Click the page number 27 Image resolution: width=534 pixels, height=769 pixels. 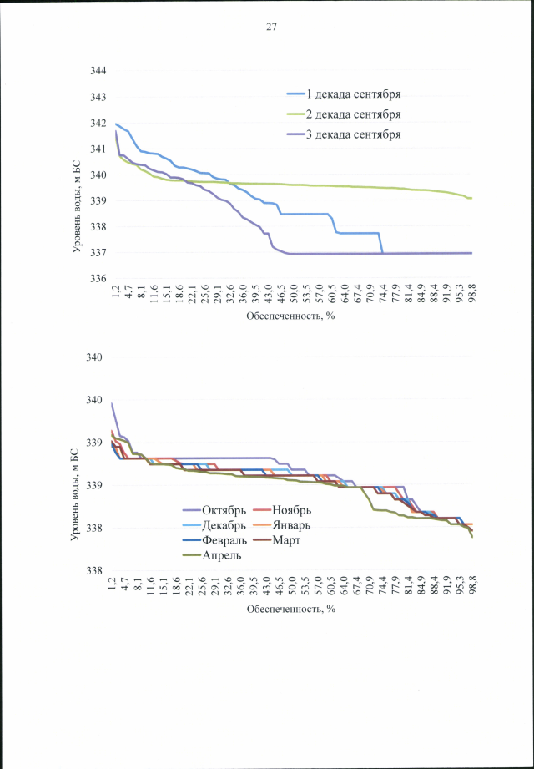point(271,27)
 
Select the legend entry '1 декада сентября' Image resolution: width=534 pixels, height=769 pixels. point(360,94)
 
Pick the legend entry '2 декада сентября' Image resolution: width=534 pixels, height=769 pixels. point(360,114)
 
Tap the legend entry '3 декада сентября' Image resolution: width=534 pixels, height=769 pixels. point(360,134)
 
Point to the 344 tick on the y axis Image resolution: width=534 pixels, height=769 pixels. point(98,72)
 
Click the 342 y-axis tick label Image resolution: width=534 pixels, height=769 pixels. point(98,124)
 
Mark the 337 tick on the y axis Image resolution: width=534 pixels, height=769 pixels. point(98,252)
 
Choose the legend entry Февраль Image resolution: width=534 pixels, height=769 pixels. point(224,539)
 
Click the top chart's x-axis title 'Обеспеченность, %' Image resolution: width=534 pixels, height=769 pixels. point(290,317)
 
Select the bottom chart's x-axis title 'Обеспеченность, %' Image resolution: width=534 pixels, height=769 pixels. point(290,609)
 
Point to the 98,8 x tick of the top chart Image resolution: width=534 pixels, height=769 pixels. point(471,296)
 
